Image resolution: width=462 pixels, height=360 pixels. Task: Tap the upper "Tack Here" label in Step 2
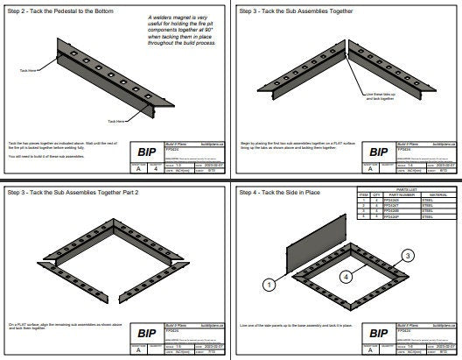pyautogui.click(x=29, y=68)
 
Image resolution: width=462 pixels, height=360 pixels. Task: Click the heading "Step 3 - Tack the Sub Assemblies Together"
pyautogui.click(x=290, y=11)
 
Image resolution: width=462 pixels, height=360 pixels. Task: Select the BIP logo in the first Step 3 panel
pyautogui.click(x=380, y=152)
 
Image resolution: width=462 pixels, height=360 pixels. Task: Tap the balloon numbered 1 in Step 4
pyautogui.click(x=269, y=284)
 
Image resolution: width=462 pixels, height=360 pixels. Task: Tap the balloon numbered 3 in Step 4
pyautogui.click(x=407, y=255)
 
